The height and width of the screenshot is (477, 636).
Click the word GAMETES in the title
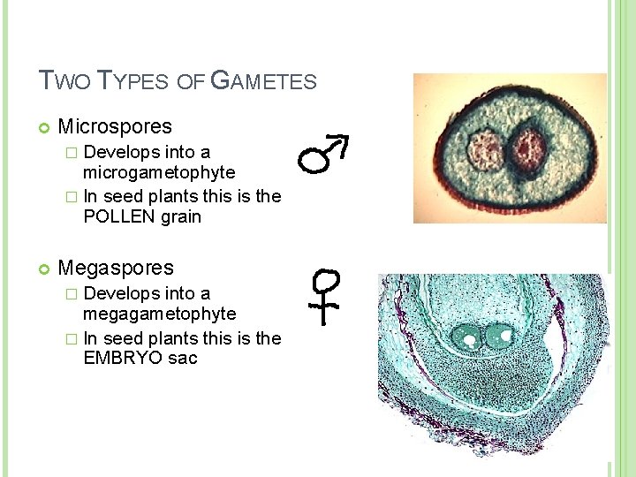click(x=265, y=81)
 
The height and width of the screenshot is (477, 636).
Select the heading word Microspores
click(x=115, y=126)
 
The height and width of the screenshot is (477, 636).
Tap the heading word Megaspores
click(x=116, y=267)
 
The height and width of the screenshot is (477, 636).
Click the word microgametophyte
click(x=159, y=173)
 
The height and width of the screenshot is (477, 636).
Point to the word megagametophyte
click(x=159, y=314)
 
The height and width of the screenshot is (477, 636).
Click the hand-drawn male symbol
click(x=323, y=155)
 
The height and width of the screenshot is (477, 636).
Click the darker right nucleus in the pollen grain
click(x=529, y=148)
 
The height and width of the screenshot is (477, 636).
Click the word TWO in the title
click(x=64, y=81)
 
